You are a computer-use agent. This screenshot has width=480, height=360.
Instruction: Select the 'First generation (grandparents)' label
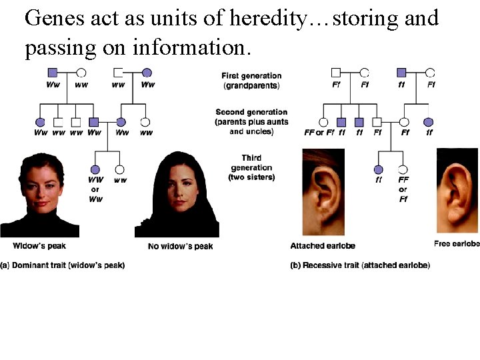[x=251, y=81]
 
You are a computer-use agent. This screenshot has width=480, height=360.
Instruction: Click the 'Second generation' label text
[x=251, y=112]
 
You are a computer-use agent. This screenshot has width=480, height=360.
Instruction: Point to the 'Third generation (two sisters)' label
[x=251, y=167]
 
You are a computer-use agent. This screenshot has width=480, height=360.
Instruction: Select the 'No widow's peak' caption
[x=180, y=247]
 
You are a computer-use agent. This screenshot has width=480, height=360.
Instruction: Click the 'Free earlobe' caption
[x=456, y=243]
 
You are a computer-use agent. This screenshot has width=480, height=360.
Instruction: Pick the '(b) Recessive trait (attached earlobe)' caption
[x=360, y=265]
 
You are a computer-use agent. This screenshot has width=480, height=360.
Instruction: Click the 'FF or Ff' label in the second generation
[x=318, y=133]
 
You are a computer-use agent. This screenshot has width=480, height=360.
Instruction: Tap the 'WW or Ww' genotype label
[x=95, y=189]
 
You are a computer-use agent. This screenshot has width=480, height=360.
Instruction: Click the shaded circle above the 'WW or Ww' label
[x=95, y=170]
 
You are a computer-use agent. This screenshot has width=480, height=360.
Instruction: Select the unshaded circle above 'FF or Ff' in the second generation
[x=323, y=122]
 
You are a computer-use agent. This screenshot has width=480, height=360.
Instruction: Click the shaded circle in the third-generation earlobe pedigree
[x=379, y=169]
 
